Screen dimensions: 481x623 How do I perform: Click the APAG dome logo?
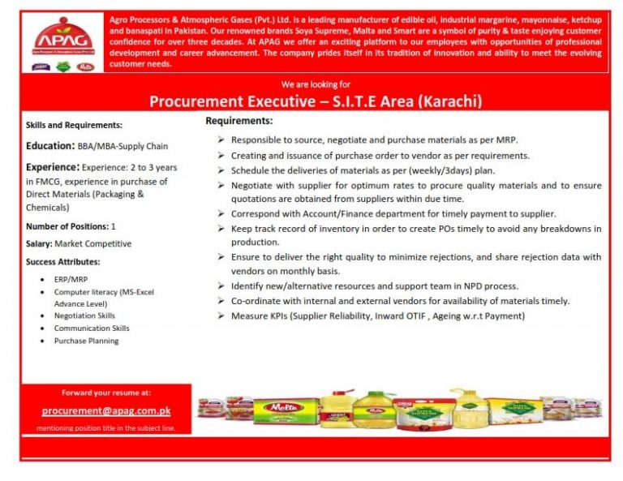pos(62,37)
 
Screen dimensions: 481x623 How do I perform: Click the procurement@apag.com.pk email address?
pos(105,410)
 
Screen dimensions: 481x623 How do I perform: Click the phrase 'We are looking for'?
pos(316,84)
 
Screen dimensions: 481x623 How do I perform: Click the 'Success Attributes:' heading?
pos(63,261)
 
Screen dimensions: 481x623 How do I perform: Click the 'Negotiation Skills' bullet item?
pos(84,316)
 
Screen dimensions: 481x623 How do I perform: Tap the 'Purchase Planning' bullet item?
pos(86,341)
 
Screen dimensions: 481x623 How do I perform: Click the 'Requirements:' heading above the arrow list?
pos(238,121)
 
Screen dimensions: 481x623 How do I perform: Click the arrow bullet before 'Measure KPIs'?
pos(221,316)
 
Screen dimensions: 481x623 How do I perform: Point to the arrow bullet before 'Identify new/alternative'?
pos(221,286)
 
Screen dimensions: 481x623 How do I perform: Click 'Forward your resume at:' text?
pos(105,393)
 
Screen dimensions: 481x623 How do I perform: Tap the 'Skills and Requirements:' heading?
pos(74,125)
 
